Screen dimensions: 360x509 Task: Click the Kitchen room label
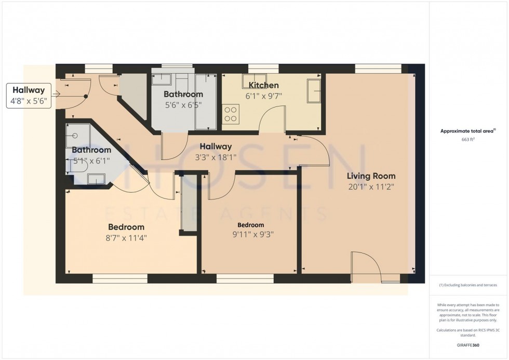pos(263,85)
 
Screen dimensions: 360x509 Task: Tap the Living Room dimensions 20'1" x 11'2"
pos(371,187)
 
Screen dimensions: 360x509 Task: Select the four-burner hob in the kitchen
pos(231,114)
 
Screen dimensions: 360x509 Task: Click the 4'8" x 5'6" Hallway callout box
pos(30,96)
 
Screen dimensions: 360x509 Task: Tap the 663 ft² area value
pos(468,140)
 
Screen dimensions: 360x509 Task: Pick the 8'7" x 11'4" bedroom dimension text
pos(126,238)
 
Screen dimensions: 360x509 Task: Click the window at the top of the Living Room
pos(378,68)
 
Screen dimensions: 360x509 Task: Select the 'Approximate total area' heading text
pos(468,131)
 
